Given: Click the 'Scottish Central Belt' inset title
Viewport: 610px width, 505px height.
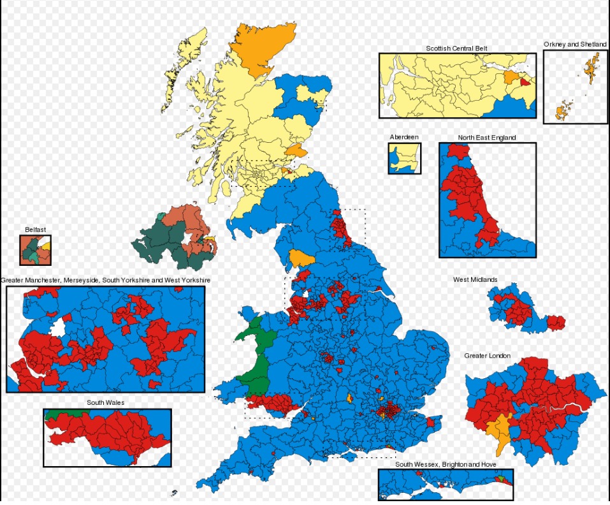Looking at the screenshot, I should [456, 48].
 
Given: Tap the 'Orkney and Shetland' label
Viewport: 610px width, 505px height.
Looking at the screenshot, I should [575, 44].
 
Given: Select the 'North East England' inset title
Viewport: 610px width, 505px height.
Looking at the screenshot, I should [486, 137].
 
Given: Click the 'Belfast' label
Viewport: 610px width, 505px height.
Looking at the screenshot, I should [35, 230].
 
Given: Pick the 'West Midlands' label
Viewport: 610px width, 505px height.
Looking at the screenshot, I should [475, 279].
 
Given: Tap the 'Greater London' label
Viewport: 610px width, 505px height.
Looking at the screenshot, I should [487, 355].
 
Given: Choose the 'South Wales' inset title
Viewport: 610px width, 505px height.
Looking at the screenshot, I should [106, 403].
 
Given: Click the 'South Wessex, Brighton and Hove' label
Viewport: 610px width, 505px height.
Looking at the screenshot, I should [446, 464].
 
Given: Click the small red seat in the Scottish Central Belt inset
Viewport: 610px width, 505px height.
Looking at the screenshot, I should [525, 81].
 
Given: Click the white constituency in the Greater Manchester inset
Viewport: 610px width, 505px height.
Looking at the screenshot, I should [58, 328].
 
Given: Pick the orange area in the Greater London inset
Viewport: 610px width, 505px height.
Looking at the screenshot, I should [500, 430].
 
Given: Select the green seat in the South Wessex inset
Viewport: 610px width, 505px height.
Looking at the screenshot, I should [500, 476].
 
